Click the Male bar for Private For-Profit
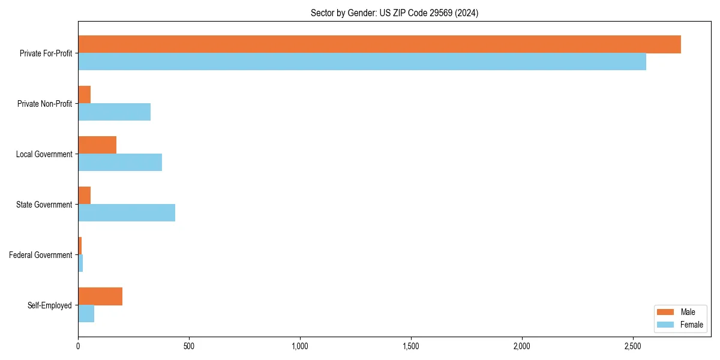(379, 44)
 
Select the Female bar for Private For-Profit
(362, 61)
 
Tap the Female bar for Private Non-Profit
(114, 112)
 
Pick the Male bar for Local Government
(97, 145)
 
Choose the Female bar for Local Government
(120, 162)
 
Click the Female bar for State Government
(127, 212)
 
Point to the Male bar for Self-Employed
(100, 296)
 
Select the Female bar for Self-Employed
(86, 313)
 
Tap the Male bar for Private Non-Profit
(84, 95)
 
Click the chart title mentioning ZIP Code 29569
(394, 13)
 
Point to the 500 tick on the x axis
(189, 346)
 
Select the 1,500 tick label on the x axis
(411, 346)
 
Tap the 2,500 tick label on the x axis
(633, 346)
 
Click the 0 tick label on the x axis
(78, 346)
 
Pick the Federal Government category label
(41, 255)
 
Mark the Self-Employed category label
(50, 305)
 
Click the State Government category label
(44, 205)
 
